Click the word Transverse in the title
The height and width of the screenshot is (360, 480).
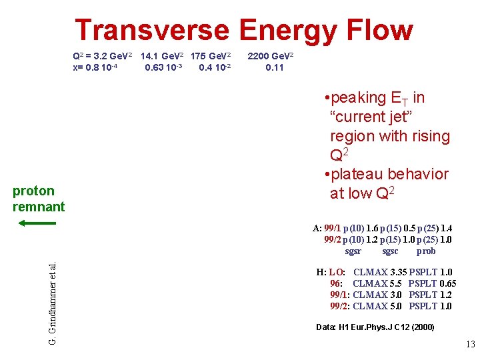(x=152, y=31)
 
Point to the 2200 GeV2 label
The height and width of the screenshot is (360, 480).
(x=274, y=56)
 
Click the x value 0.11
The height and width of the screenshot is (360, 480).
(x=274, y=67)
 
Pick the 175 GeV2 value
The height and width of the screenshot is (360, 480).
(x=211, y=56)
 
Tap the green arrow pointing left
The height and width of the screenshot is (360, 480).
(x=33, y=223)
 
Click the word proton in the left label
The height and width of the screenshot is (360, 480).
(x=33, y=191)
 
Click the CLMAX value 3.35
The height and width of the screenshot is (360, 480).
(x=397, y=272)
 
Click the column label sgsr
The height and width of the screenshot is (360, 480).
(x=353, y=251)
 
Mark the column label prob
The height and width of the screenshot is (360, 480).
(x=425, y=251)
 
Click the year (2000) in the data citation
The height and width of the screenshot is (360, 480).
(x=423, y=327)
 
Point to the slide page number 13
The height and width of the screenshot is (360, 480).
(x=470, y=345)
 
